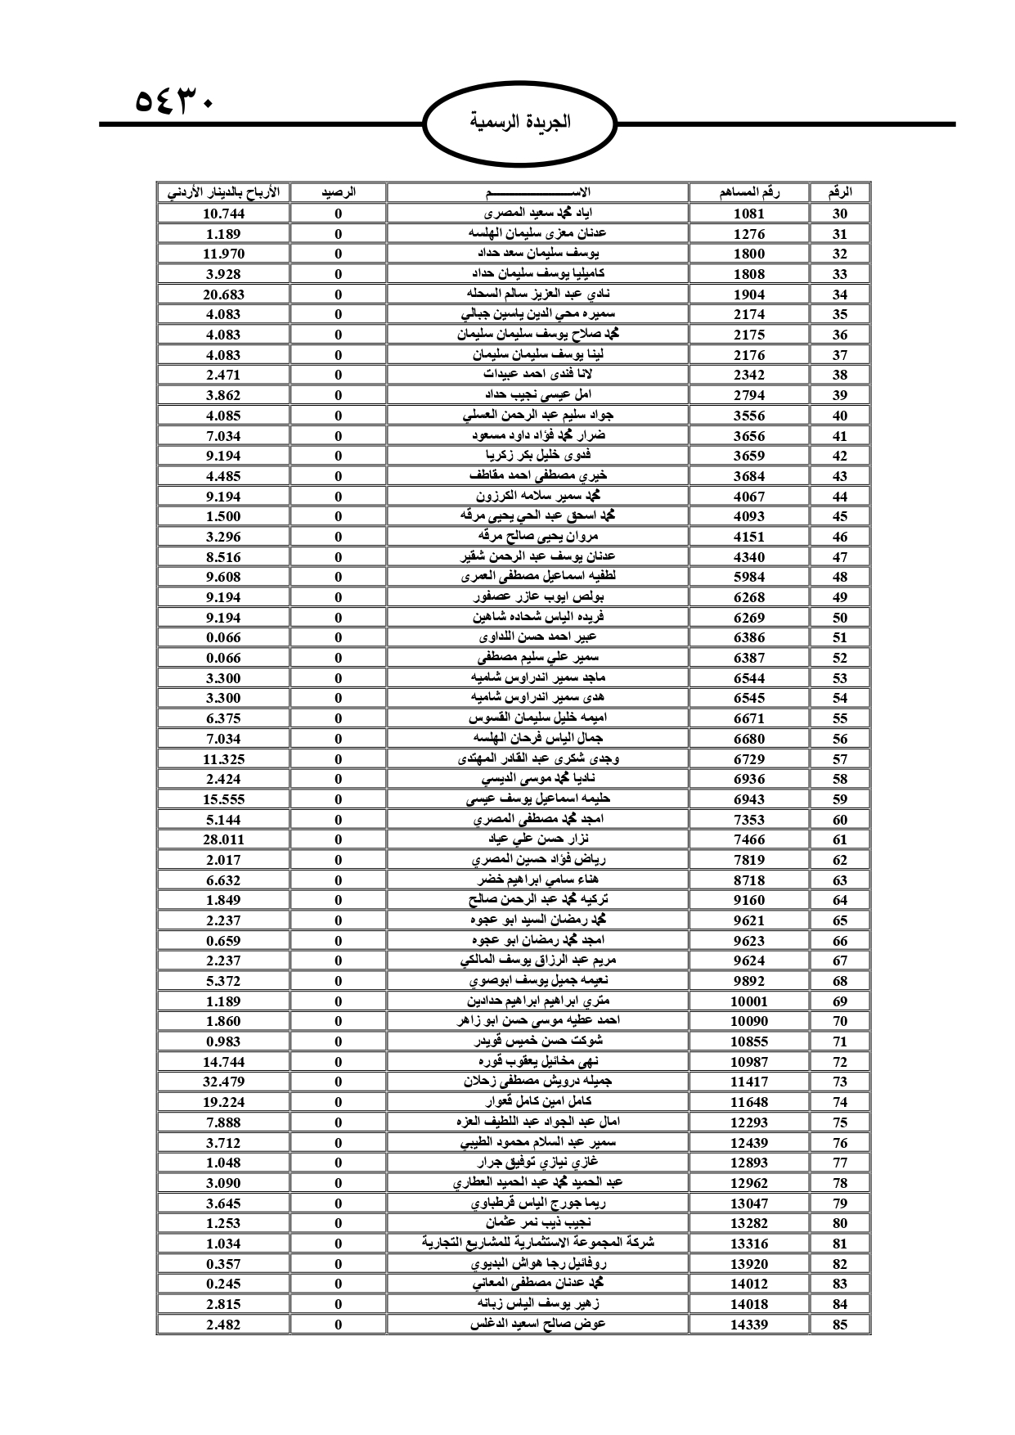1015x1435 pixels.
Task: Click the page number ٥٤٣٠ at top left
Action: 173,104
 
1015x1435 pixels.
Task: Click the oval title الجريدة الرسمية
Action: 521,124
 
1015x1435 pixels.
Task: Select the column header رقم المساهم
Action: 748,193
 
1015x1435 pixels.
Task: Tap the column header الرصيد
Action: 338,193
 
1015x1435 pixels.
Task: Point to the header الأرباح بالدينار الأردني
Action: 223,193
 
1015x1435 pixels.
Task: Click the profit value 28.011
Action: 223,839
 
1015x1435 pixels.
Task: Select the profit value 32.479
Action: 223,1082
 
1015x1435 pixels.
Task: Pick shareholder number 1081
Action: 748,214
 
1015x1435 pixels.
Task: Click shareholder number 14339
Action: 748,1325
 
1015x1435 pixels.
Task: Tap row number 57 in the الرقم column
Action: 840,759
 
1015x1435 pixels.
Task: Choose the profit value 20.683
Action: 223,295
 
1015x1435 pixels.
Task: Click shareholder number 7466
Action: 748,839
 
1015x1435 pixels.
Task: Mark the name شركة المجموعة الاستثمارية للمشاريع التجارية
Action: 537,1243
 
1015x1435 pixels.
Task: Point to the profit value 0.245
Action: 223,1284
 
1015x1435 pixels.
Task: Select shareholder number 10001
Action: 748,1001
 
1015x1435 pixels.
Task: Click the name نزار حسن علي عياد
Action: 537,839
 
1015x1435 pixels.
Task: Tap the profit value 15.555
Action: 223,799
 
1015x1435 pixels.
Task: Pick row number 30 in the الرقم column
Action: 840,214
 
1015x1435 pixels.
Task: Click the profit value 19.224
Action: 223,1102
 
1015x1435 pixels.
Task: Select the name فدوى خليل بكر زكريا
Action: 537,456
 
